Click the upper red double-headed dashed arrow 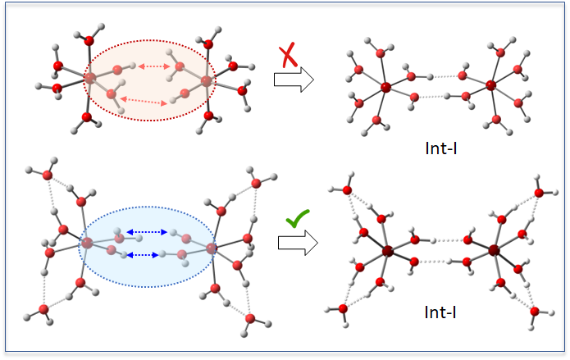153,66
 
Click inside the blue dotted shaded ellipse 148,271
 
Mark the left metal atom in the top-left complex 90,78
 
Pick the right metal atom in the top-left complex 205,82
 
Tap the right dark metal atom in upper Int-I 490,84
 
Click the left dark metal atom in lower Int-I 387,250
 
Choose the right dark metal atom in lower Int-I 495,249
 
